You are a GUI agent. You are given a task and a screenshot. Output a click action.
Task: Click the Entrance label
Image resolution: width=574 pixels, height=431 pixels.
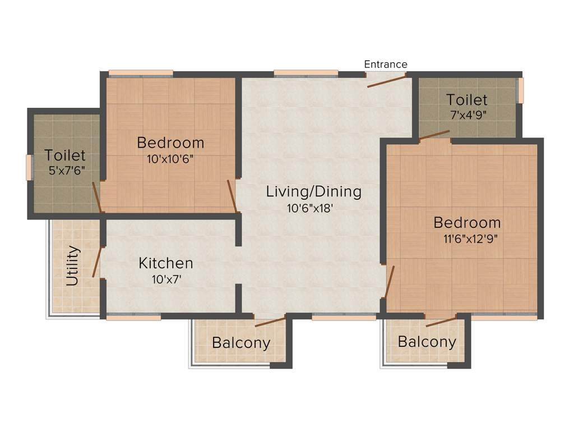[386, 64]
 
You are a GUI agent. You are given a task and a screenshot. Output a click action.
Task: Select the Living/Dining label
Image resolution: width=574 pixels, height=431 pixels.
[313, 191]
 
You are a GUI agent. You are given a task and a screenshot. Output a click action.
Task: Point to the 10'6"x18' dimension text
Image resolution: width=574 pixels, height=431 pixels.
[313, 209]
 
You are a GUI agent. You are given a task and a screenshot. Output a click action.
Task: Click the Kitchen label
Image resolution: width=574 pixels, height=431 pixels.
[166, 263]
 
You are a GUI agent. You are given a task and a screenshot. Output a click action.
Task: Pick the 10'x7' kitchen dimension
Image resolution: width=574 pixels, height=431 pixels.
[166, 279]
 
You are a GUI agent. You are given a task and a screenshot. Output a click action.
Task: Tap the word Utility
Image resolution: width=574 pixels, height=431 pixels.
[73, 265]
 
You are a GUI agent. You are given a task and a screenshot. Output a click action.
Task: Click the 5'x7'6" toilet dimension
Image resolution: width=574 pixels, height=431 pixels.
[67, 171]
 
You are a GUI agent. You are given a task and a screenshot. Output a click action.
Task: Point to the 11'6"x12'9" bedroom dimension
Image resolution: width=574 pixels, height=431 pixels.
[470, 238]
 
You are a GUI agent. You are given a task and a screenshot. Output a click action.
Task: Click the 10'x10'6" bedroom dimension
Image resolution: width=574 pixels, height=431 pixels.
[170, 158]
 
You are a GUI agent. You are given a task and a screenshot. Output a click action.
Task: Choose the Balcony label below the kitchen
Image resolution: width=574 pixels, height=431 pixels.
[241, 343]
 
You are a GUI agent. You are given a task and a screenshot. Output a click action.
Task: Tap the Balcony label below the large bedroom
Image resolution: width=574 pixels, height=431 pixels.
[427, 342]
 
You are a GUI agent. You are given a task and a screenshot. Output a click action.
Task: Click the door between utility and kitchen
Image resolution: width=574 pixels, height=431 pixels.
[97, 262]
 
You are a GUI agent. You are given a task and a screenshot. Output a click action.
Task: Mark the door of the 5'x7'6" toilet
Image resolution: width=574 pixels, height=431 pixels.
[97, 196]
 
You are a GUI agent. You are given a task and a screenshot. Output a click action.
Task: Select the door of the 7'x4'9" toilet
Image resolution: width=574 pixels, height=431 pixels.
[434, 135]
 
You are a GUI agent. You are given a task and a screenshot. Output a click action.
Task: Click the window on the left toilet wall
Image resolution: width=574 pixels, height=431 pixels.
[29, 167]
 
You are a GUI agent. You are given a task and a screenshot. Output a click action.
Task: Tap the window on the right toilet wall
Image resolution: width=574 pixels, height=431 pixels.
[520, 90]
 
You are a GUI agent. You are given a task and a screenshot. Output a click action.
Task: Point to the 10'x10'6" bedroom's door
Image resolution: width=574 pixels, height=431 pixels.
[232, 196]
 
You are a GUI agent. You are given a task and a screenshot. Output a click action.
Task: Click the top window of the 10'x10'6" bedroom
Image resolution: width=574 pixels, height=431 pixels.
[141, 73]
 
